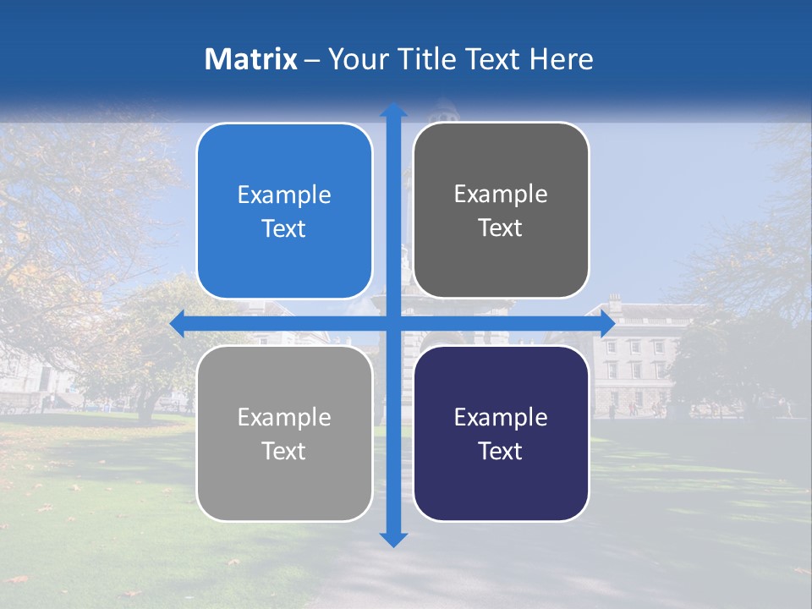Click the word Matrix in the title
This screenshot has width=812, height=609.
pyautogui.click(x=251, y=59)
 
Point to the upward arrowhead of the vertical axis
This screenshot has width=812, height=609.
pyautogui.click(x=393, y=111)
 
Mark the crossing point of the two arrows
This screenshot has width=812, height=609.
pyautogui.click(x=393, y=324)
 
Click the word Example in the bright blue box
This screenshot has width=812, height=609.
pyautogui.click(x=284, y=195)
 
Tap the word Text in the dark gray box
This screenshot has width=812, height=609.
pyautogui.click(x=501, y=228)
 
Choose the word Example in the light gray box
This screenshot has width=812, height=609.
pyautogui.click(x=284, y=418)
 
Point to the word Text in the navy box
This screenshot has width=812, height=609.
pyautogui.click(x=501, y=452)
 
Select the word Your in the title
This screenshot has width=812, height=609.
pyautogui.click(x=354, y=59)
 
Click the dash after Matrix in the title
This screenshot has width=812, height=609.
pyautogui.click(x=312, y=60)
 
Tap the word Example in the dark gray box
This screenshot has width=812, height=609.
pyautogui.click(x=501, y=195)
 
